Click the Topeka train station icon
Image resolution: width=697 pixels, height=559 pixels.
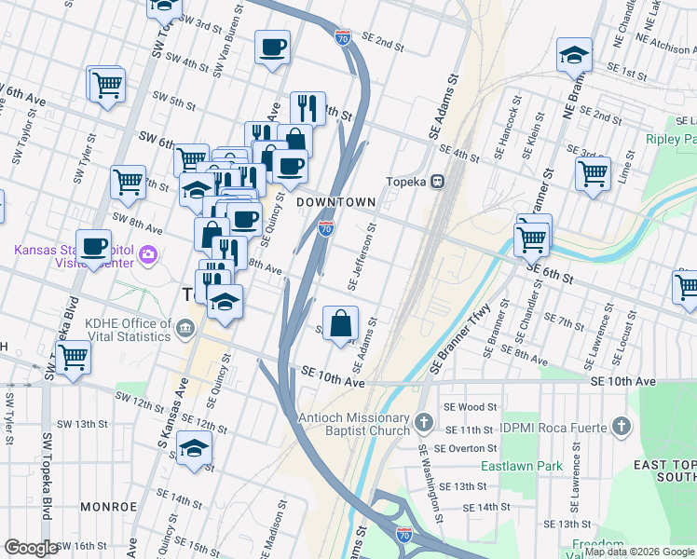tap(435, 183)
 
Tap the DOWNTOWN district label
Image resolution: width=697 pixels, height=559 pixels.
tap(335, 202)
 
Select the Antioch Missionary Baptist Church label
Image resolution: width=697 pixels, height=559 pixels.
tap(353, 424)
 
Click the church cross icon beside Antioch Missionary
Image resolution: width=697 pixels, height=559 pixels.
tap(424, 424)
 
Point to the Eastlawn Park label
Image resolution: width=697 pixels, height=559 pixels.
tap(510, 465)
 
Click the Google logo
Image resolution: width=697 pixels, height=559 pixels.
tap(30, 547)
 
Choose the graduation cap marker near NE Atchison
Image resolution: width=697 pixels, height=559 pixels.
tap(574, 55)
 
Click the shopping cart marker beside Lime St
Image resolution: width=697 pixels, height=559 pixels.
tap(593, 173)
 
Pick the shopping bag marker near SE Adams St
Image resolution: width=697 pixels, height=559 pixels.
tap(341, 323)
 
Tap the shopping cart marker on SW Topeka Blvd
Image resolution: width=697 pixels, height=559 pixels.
tap(73, 357)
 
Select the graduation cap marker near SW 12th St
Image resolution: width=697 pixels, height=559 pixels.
tap(194, 450)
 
